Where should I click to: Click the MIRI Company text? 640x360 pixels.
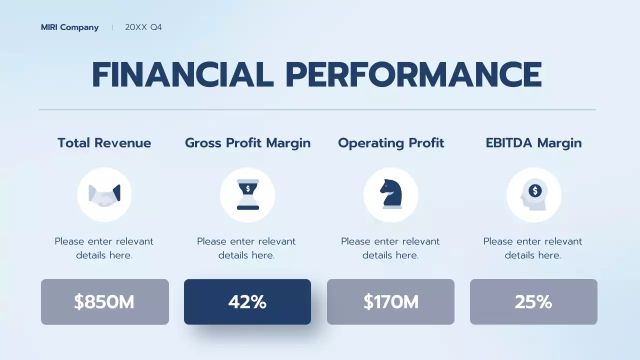[69, 27]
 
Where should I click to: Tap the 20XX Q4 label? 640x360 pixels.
[143, 27]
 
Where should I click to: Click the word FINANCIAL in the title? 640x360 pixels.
[182, 75]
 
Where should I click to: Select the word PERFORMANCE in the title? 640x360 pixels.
[413, 75]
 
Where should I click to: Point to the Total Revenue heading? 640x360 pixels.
[104, 143]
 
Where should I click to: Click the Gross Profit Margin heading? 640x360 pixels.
[247, 143]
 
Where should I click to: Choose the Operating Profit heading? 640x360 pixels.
[391, 143]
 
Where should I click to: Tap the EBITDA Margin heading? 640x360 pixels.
[533, 143]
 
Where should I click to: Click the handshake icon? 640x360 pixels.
[104, 194]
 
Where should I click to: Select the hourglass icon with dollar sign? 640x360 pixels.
[247, 194]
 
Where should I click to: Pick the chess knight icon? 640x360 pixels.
[390, 194]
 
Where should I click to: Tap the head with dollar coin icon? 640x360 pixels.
[533, 194]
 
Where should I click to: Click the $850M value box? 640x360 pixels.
[104, 302]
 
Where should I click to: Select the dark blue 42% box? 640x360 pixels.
[247, 302]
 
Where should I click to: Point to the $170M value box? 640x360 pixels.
[390, 302]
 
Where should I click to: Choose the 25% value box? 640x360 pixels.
[533, 302]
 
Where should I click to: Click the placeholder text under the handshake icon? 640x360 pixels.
[104, 248]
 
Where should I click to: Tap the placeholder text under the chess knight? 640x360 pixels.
[390, 248]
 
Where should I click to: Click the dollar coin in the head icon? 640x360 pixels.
[535, 190]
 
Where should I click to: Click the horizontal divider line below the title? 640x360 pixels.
[317, 109]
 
